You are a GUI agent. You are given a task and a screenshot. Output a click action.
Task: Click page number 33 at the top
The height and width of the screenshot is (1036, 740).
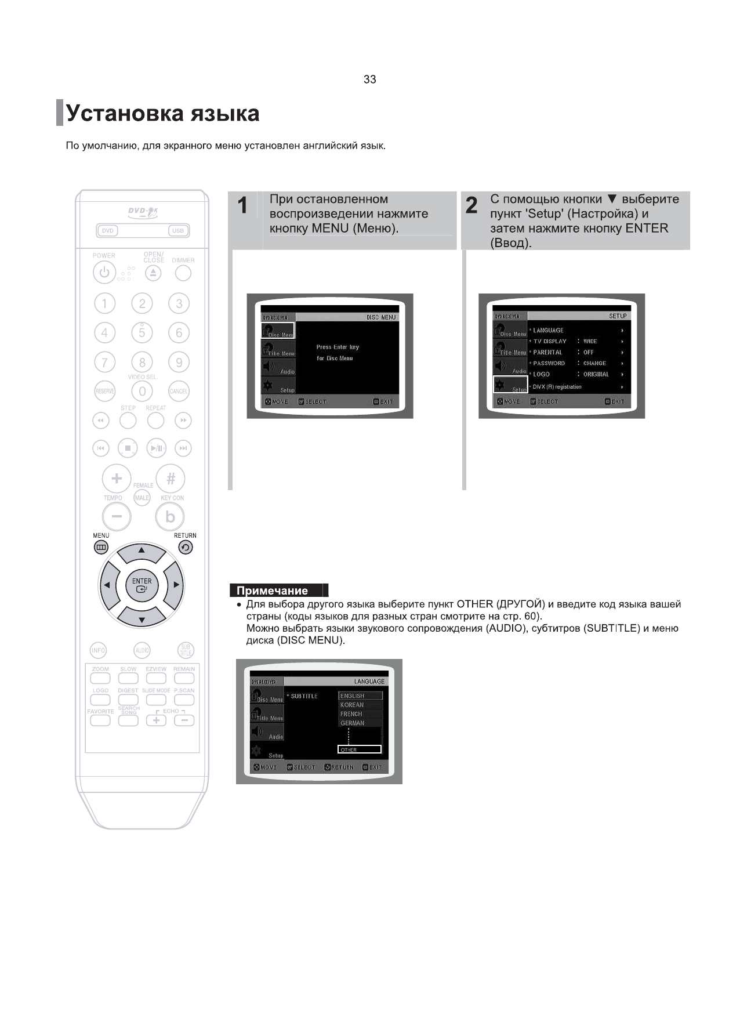point(369,79)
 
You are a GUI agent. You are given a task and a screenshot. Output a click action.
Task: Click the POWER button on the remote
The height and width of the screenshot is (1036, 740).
point(104,273)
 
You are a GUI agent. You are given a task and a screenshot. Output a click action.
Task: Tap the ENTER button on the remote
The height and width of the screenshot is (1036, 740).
point(142,585)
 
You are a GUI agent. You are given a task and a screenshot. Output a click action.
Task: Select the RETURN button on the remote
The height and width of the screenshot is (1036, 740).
point(185,547)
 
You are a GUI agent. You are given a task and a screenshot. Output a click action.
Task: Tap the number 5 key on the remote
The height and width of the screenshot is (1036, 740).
point(142,332)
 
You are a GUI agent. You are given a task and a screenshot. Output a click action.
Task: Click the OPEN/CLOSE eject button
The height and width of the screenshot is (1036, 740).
point(153,273)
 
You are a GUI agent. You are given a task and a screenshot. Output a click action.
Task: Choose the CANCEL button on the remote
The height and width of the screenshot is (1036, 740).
point(179,391)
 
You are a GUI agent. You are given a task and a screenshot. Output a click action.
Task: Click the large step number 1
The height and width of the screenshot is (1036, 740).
point(243,206)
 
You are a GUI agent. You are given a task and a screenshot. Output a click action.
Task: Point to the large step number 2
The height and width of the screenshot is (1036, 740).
point(471,206)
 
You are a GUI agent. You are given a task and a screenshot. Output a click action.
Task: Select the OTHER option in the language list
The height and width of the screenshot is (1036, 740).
point(360,749)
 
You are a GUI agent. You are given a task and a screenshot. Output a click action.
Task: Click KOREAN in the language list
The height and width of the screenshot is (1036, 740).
point(352,705)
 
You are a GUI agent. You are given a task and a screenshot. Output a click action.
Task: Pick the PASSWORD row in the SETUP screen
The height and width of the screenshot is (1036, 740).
point(549,363)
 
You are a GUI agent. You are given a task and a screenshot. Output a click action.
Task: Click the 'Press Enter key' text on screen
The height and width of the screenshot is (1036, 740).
point(338,347)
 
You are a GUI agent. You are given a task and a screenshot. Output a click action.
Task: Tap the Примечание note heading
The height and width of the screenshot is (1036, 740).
point(273,591)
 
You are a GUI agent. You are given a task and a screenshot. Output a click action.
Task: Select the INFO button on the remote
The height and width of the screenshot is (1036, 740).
point(99,650)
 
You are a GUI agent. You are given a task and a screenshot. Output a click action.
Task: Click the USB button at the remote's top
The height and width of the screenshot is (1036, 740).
point(178,231)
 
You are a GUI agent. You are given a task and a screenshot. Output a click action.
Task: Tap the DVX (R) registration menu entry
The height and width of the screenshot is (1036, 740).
point(557,387)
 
